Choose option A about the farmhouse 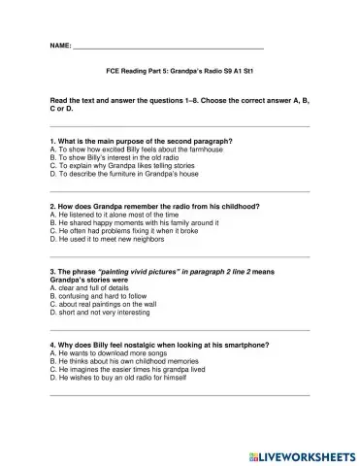pyautogui.click(x=135, y=150)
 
